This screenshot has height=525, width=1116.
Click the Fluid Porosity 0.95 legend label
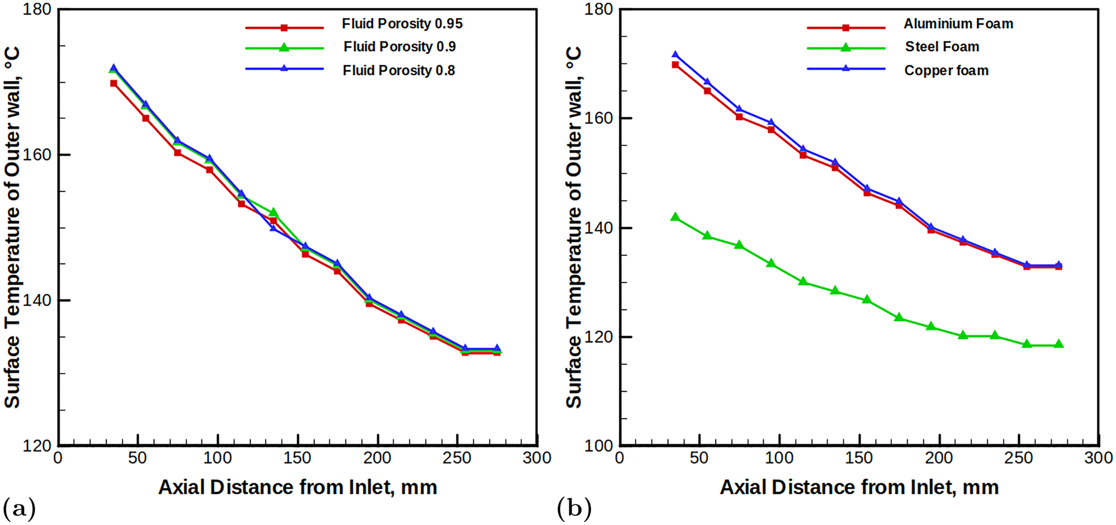(402, 24)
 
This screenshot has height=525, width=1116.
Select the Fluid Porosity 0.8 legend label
(399, 71)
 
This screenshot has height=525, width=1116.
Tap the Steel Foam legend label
(942, 47)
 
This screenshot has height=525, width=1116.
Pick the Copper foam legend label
(946, 71)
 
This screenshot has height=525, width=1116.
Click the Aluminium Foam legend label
(958, 24)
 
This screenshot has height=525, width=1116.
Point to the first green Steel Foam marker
(675, 217)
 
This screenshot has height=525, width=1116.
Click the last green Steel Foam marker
(1058, 344)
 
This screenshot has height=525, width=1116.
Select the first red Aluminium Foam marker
(675, 65)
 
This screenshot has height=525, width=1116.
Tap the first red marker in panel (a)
(114, 83)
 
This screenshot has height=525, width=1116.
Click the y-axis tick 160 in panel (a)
(38, 155)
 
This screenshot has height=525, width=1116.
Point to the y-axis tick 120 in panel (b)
(599, 337)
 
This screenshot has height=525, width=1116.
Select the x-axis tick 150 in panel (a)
(297, 459)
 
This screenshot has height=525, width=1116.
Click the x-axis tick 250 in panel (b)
(1018, 459)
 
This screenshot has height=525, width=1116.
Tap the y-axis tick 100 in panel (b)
(599, 446)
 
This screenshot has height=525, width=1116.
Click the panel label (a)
(19, 508)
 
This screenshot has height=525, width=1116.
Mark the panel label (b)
(574, 508)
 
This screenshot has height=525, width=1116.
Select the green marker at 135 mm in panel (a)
(273, 212)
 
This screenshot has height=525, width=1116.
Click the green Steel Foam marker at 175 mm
(899, 317)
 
